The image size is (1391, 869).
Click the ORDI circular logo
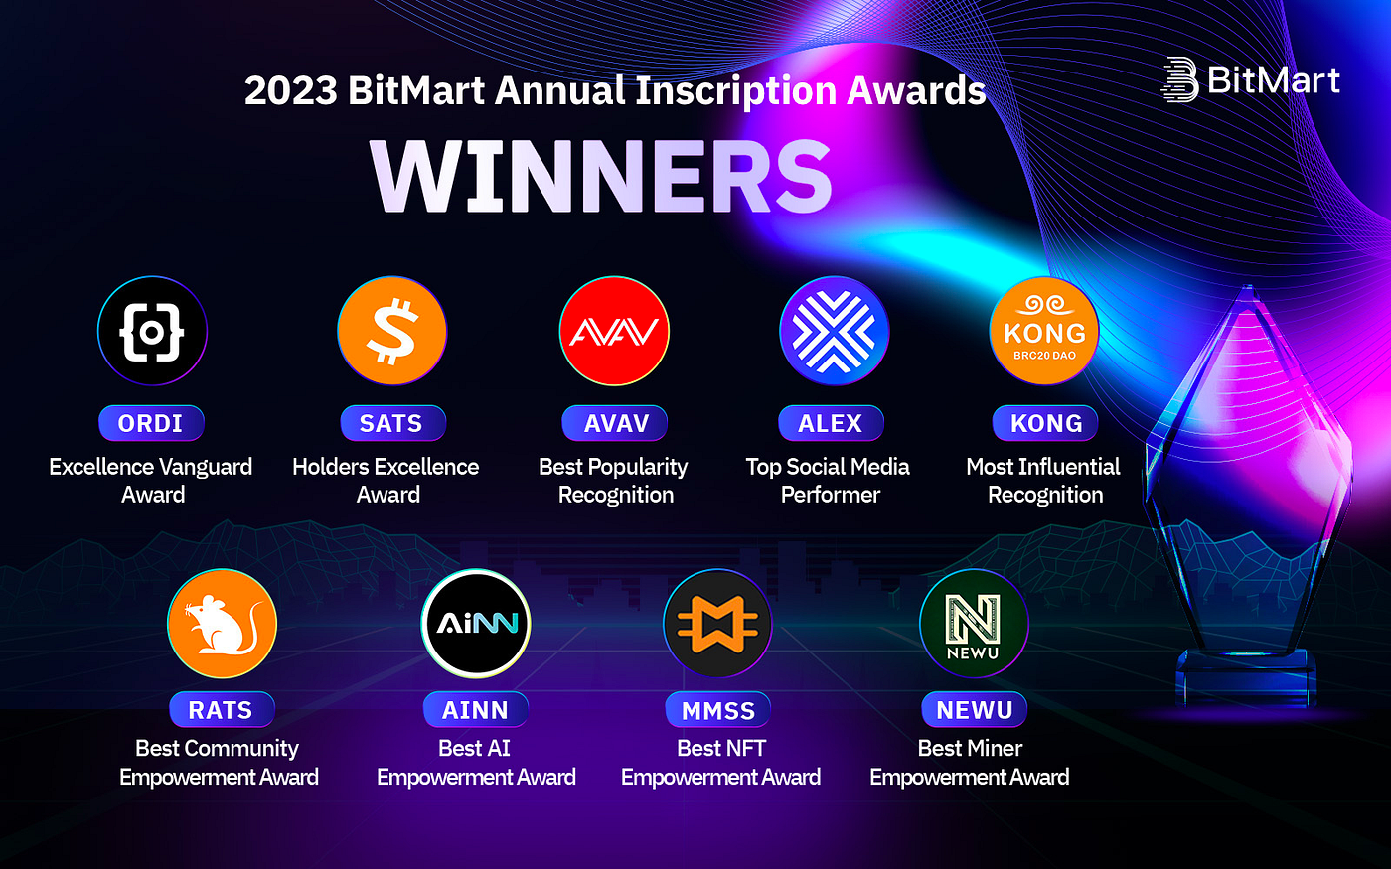(152, 331)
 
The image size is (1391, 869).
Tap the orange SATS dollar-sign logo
(391, 331)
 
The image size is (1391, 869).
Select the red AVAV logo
(614, 331)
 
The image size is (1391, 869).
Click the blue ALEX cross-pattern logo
(834, 331)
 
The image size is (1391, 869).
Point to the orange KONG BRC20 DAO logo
(1044, 331)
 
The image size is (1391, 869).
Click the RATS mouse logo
(222, 624)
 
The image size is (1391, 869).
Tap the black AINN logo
(476, 624)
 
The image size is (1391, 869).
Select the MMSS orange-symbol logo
(717, 624)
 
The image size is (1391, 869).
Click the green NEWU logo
(973, 624)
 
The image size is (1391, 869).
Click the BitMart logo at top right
(1251, 80)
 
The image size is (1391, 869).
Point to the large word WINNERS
(601, 177)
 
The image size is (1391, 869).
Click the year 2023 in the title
(290, 91)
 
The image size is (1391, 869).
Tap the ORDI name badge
(151, 423)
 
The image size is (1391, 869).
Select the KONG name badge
(1045, 423)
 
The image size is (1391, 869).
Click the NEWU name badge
(974, 710)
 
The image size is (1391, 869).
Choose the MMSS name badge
(717, 710)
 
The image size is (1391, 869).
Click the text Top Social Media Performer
(829, 481)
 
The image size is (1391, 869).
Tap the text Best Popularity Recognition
(614, 481)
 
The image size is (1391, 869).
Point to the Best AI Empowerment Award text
(476, 763)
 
